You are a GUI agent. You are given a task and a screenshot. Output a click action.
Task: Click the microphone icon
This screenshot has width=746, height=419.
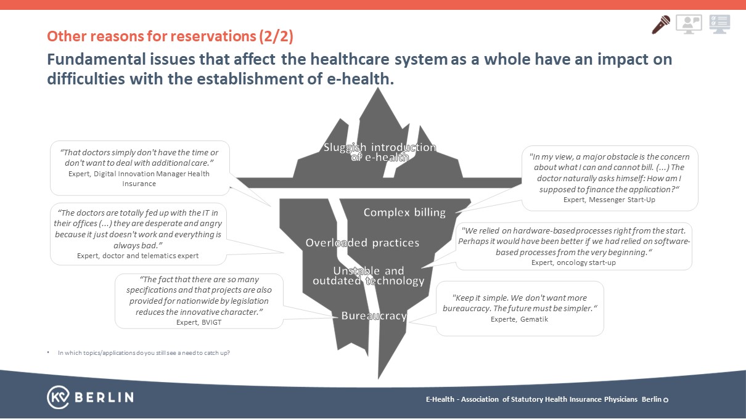click(x=661, y=25)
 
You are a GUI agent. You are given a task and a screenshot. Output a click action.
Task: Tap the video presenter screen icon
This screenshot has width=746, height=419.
click(x=689, y=24)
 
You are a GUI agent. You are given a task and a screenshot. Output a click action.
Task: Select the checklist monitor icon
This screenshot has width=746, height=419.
click(x=719, y=24)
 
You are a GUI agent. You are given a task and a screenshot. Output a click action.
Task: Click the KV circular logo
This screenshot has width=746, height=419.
click(x=59, y=397)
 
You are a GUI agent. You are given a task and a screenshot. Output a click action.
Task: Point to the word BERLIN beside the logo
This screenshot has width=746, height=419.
click(x=104, y=397)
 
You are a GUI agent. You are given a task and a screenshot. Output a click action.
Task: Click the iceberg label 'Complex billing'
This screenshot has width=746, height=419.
click(x=404, y=213)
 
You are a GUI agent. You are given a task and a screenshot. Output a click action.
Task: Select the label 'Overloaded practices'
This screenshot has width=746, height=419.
click(x=363, y=243)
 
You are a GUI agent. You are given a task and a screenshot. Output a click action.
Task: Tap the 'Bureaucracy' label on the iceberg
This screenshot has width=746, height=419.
click(x=374, y=315)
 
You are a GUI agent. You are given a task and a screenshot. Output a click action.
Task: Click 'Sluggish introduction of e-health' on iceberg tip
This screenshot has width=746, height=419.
click(x=380, y=152)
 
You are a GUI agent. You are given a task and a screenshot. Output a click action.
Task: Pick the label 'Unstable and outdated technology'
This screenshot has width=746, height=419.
click(x=369, y=275)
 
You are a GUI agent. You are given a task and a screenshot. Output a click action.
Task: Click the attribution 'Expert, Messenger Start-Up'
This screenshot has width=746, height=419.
click(x=609, y=200)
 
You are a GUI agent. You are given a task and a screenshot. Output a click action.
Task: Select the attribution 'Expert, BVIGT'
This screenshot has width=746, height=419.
click(x=199, y=322)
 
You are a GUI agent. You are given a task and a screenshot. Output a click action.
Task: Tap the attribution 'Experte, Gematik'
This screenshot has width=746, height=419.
click(x=519, y=319)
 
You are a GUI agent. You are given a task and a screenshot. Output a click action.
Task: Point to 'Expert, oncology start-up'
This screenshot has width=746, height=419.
click(x=573, y=262)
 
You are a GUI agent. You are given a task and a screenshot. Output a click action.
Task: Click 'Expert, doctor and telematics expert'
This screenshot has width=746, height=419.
click(x=137, y=256)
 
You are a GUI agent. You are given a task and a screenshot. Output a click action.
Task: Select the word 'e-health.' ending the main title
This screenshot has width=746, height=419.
click(x=360, y=79)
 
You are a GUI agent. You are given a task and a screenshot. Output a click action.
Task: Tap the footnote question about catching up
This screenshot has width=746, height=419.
click(x=144, y=353)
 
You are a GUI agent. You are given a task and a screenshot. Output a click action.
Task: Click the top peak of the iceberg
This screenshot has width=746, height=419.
click(x=378, y=87)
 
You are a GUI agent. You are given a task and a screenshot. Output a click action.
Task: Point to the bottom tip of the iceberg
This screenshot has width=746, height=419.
click(x=379, y=379)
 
